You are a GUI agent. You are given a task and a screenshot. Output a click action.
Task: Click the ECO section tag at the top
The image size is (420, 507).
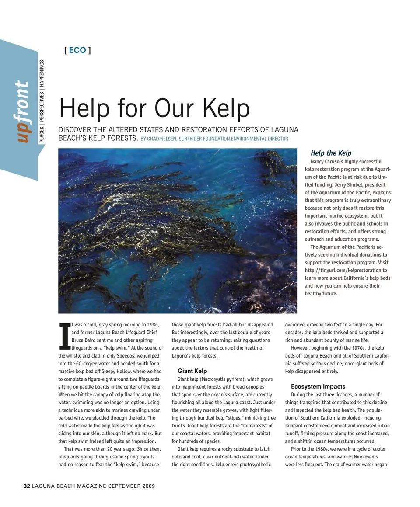coord(77,50)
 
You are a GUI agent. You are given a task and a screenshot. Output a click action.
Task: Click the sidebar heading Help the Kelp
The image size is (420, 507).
coord(331,153)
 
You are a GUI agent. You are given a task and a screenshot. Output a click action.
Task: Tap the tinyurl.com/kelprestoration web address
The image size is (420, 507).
coord(346,271)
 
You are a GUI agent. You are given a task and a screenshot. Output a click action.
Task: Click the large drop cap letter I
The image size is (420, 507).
coord(64,337)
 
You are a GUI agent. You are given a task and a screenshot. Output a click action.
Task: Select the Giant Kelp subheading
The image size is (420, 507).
coord(192,371)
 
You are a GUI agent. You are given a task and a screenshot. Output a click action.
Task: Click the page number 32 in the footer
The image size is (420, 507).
coord(26,486)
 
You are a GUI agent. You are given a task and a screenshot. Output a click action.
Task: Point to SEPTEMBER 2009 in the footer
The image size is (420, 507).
coord(131,486)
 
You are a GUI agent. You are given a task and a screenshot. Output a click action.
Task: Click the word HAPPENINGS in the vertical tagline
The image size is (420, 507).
coord(42,75)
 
